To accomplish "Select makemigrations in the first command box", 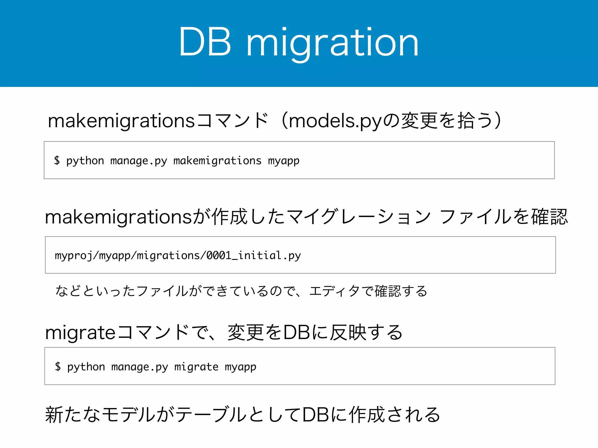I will click(x=217, y=161).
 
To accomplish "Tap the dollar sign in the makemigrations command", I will click(x=57, y=160).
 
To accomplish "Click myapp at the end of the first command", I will click(x=284, y=161).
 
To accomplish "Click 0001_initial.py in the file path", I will click(x=253, y=256).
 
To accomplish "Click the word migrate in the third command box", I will click(x=196, y=367).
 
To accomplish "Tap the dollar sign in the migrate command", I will click(x=58, y=366).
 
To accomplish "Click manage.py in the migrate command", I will click(x=140, y=367).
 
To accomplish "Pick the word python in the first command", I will click(x=85, y=161).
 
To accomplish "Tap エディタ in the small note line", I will click(x=335, y=291).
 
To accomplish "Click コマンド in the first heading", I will click(x=232, y=121).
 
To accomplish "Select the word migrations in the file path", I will click(x=168, y=256).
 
